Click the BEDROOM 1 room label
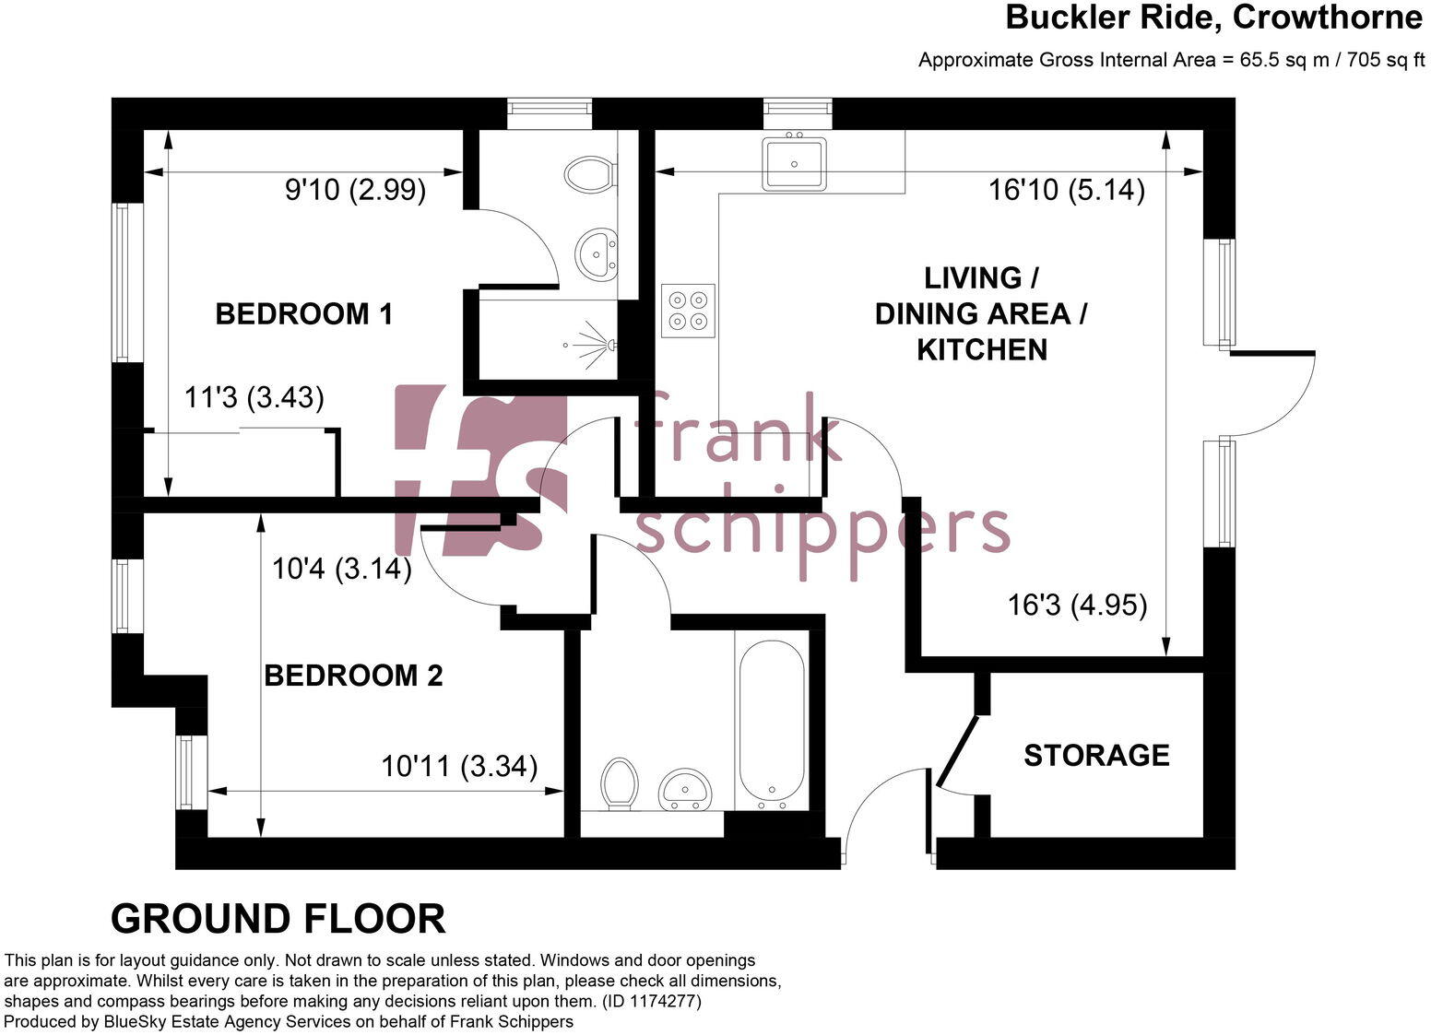304,314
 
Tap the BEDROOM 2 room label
353,676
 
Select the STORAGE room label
1096,756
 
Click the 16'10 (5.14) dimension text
1066,191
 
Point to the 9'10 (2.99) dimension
355,191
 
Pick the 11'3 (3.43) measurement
254,398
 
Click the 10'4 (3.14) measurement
341,569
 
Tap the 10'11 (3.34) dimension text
459,766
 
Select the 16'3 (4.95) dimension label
1077,606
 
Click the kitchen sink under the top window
794,163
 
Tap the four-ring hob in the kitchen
688,311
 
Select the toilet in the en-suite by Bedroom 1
590,173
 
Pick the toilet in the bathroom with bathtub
619,783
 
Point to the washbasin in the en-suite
597,252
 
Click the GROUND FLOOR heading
278,920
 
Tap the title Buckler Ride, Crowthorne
1213,18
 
